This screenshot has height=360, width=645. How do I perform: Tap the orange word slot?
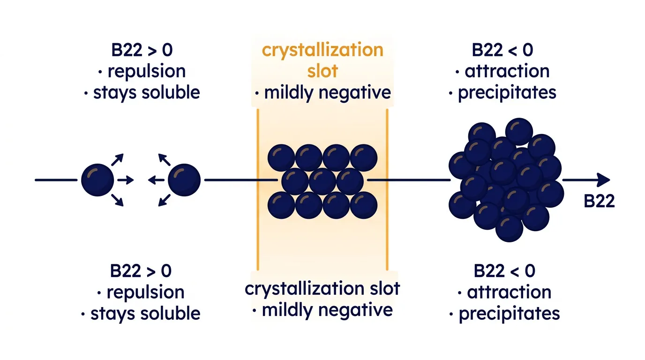point(322,71)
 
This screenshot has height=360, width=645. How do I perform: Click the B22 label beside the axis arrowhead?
point(599,201)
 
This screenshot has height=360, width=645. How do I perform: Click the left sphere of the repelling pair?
point(97,180)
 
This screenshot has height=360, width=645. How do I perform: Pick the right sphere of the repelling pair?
point(184,180)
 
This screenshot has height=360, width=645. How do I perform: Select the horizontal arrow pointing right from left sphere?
point(126,180)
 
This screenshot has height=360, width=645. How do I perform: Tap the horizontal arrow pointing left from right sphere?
point(156,180)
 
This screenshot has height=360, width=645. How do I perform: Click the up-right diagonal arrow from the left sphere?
point(118,159)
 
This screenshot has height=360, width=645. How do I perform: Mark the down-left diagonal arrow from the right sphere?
point(165,201)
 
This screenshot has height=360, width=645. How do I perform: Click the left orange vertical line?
point(258,189)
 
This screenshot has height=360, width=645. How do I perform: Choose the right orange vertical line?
point(387,189)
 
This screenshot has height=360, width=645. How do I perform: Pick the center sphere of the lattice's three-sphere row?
point(322,182)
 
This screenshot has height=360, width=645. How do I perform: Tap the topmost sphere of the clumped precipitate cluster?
point(519,131)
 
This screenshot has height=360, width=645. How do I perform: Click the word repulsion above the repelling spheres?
point(147,71)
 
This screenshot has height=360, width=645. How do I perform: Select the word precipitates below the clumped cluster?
point(509,314)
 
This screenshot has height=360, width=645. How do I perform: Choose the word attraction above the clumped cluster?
point(507,71)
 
